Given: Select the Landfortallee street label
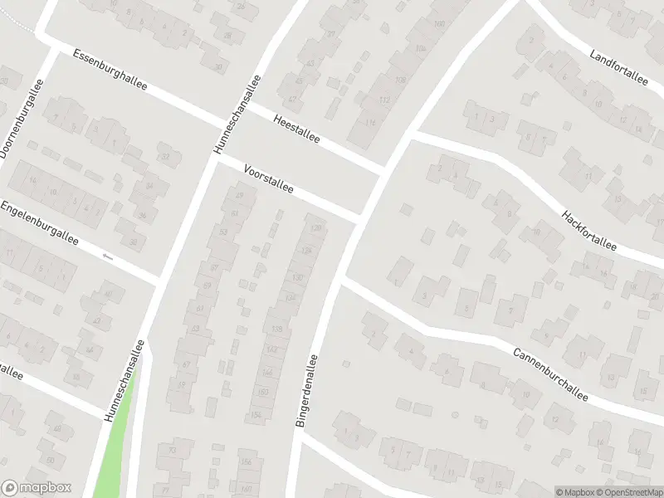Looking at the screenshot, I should coord(618,67).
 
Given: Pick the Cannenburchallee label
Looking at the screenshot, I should coord(550,373).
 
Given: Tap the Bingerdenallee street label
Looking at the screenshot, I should coord(306,391).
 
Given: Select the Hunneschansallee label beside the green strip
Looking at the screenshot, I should coord(124,381).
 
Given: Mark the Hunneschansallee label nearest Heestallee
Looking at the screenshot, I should coord(237,114).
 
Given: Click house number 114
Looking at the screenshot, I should coord(369,123).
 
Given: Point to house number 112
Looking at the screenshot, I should coord(383,100).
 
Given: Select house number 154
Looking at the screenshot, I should coord(257,414).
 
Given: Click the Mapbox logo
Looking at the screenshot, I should coord(37,487).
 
